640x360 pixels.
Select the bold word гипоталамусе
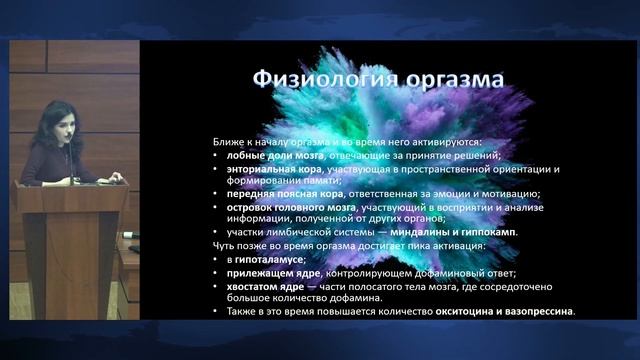265,260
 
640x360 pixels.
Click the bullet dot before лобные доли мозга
218,156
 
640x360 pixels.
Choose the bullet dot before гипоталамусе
218,260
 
